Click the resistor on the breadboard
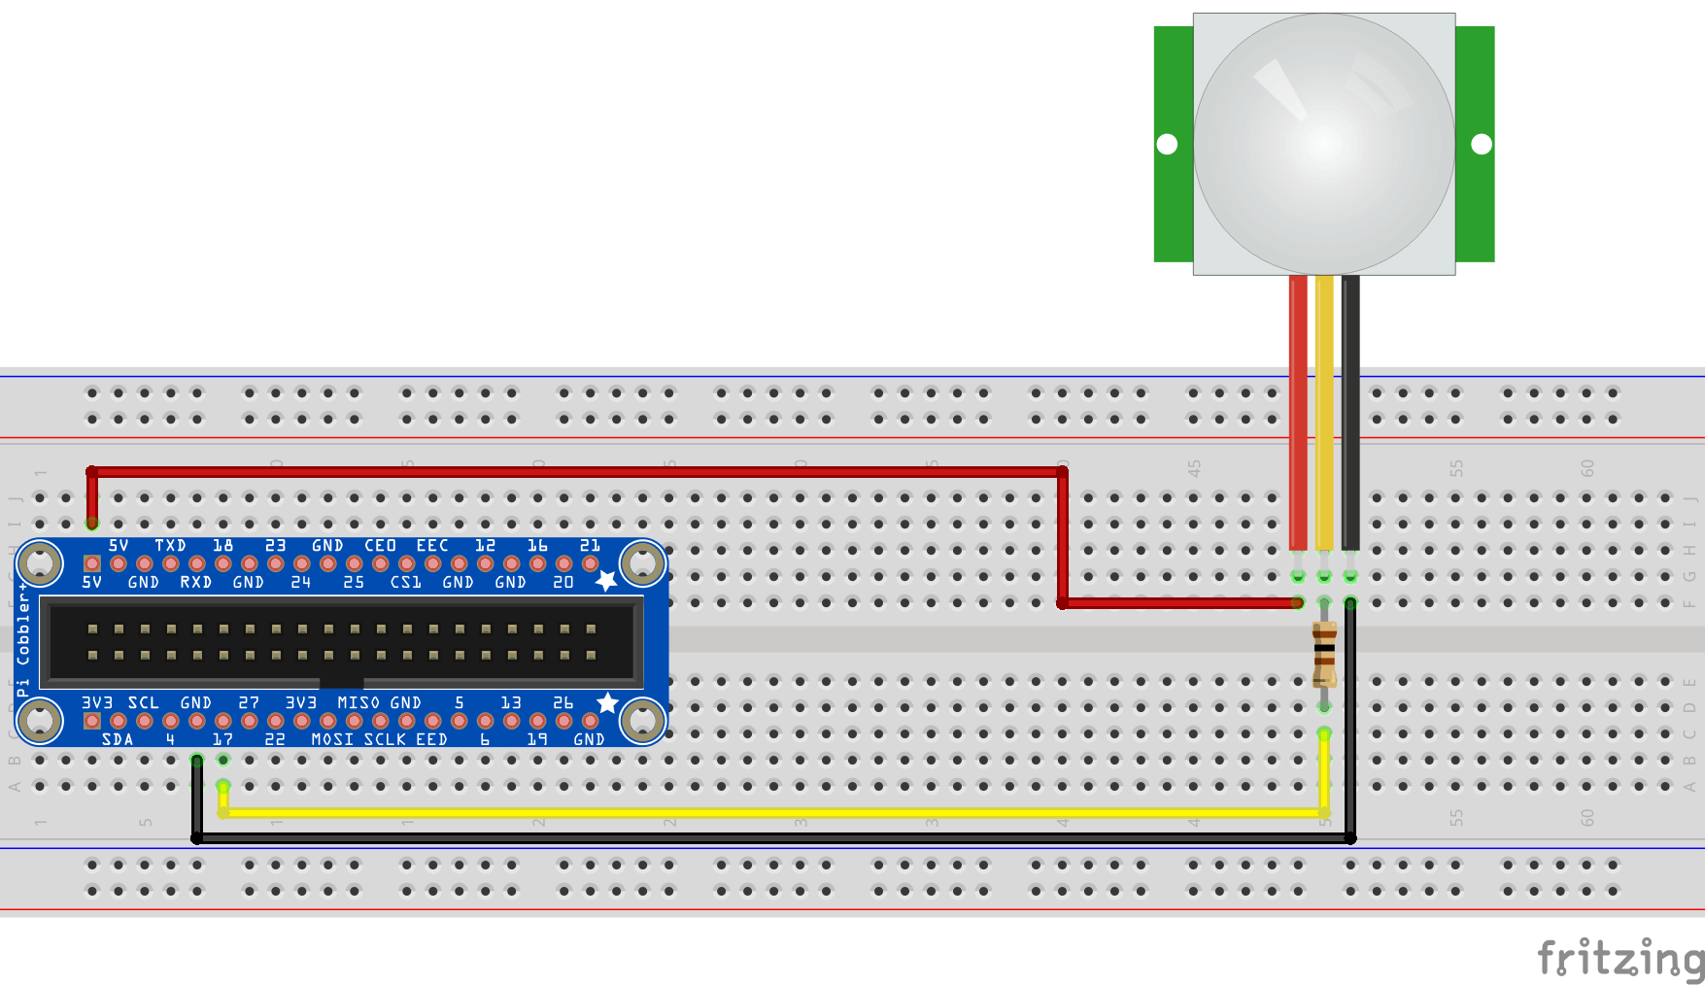coord(1324,654)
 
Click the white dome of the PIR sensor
coord(1324,144)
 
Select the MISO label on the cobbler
coord(358,702)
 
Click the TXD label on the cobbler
coord(170,546)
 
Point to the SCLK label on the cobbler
coord(385,739)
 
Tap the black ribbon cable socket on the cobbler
coord(341,642)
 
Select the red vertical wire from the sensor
coord(1298,408)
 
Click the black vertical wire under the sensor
coord(1350,408)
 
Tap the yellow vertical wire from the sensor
coord(1324,408)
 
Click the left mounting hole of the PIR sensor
coord(1168,144)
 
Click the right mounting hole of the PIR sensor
coord(1482,144)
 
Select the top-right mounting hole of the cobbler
coord(642,562)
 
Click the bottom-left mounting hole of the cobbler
coord(40,721)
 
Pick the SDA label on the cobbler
coord(118,739)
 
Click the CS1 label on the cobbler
coord(405,583)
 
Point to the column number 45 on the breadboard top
coord(1194,467)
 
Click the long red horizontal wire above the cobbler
coord(583,472)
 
